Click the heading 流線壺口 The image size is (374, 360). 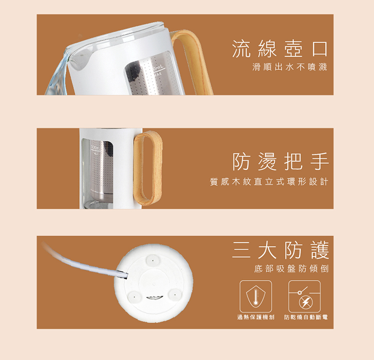tap(280, 49)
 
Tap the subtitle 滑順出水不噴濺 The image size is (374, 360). tap(290, 67)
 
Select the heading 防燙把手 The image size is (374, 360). tap(280, 161)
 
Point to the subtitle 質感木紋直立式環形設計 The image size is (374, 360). tap(269, 182)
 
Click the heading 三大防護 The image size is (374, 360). tap(280, 250)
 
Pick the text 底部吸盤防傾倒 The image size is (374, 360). tap(291, 269)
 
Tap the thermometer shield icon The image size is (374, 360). tap(256, 297)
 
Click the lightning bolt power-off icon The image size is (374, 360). tap(304, 297)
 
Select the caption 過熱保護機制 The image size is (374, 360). tap(256, 317)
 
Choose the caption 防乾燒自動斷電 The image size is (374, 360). tap(306, 317)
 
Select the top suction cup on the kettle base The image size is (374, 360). tap(153, 259)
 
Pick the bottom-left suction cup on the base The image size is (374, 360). tap(135, 297)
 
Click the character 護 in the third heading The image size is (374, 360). tap(320, 250)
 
